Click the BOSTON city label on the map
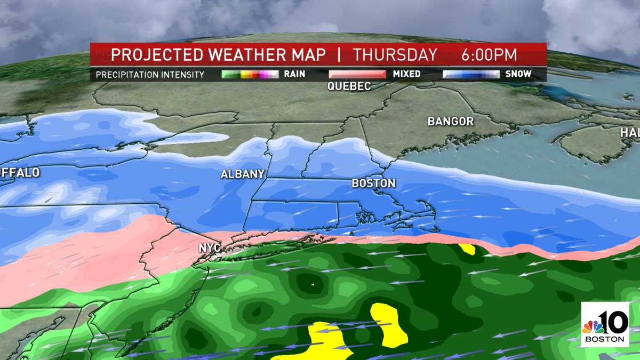[373, 183]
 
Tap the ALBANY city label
[243, 174]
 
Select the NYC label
[210, 248]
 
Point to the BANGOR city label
[451, 122]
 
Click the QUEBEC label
[349, 86]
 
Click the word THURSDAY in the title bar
[395, 55]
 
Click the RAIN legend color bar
[250, 74]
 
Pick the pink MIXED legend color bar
[357, 74]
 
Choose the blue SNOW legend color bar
[471, 74]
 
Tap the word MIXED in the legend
[407, 74]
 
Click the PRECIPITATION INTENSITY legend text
[150, 75]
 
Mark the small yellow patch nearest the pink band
[467, 249]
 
